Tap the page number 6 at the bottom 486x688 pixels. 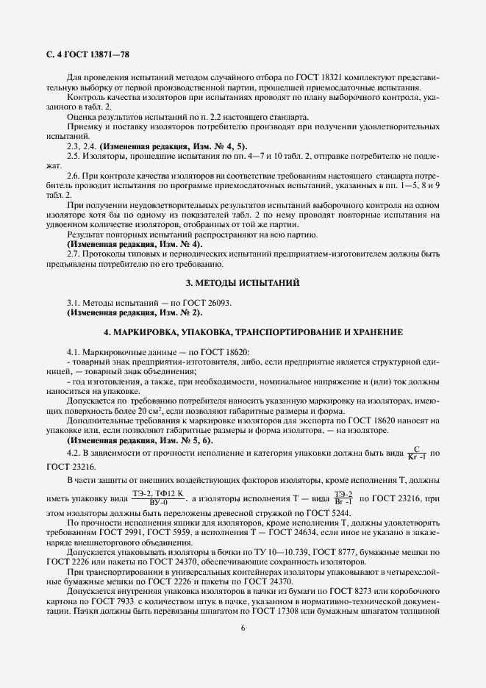[x=243, y=627]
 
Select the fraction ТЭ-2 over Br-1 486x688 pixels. [x=343, y=497]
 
